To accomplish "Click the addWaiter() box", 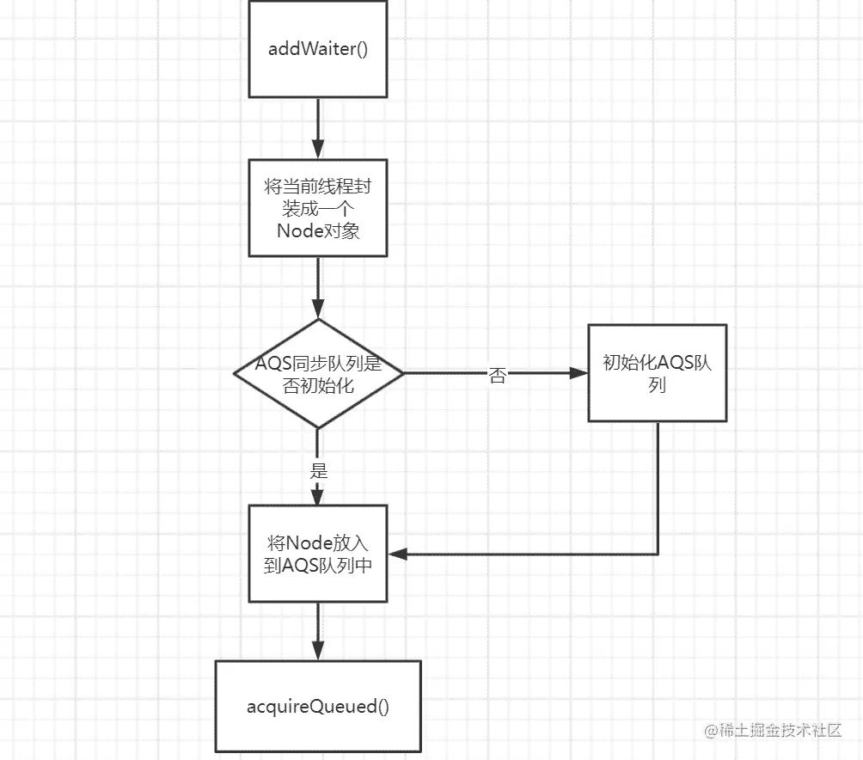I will (x=318, y=49).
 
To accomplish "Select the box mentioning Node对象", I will (x=318, y=208).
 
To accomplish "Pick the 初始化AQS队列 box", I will (x=658, y=373).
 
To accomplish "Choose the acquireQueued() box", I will (x=318, y=708).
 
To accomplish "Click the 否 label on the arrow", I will (x=497, y=376).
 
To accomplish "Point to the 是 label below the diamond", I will (x=318, y=471).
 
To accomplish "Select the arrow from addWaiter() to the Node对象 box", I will (x=318, y=129).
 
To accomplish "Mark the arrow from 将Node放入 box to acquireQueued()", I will (x=318, y=631).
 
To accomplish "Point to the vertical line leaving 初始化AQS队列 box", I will (x=658, y=486).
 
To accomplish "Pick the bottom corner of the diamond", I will (x=318, y=427).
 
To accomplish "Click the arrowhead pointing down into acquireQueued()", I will (x=318, y=651).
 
